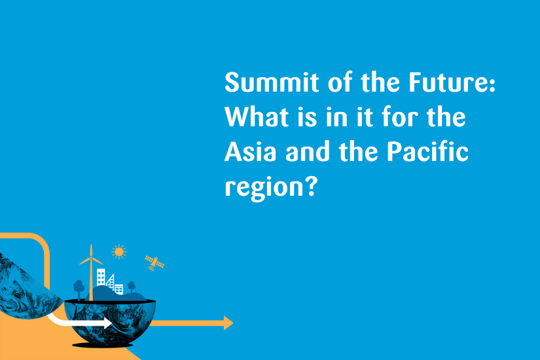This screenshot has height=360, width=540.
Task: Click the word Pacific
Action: tap(427, 152)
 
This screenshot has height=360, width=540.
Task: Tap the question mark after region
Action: tap(311, 186)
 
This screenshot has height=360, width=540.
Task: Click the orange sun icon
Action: tap(119, 252)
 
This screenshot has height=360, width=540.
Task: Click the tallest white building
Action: tap(101, 278)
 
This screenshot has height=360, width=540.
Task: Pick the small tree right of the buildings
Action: tap(132, 287)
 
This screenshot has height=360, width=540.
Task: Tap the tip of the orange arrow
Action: tap(234, 323)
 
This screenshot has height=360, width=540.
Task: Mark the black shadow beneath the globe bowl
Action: tap(102, 345)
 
